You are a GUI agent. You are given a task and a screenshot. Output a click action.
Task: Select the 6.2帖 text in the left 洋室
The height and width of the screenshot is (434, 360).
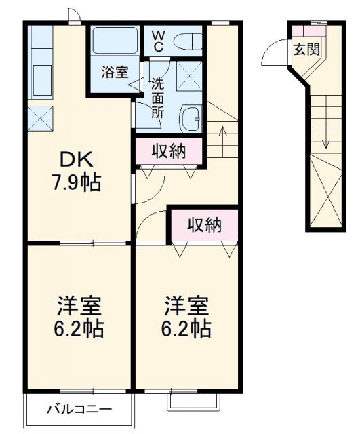coord(79,328)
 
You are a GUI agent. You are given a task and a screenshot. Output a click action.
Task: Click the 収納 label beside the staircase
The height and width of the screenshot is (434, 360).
coord(167,152)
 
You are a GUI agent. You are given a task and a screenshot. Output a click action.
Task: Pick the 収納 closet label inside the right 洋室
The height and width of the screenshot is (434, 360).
coord(204,225)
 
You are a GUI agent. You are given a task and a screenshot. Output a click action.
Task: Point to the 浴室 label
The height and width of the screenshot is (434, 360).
coord(115,73)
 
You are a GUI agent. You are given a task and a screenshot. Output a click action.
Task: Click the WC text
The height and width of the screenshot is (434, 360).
coord(157,40)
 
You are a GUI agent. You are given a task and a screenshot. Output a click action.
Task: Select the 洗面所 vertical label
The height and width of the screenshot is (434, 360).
coord(157,98)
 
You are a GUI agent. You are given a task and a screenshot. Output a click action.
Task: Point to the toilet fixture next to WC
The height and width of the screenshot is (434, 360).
coord(189,41)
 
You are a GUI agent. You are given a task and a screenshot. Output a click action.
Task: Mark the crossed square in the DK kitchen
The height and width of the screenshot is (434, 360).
coord(41,117)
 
